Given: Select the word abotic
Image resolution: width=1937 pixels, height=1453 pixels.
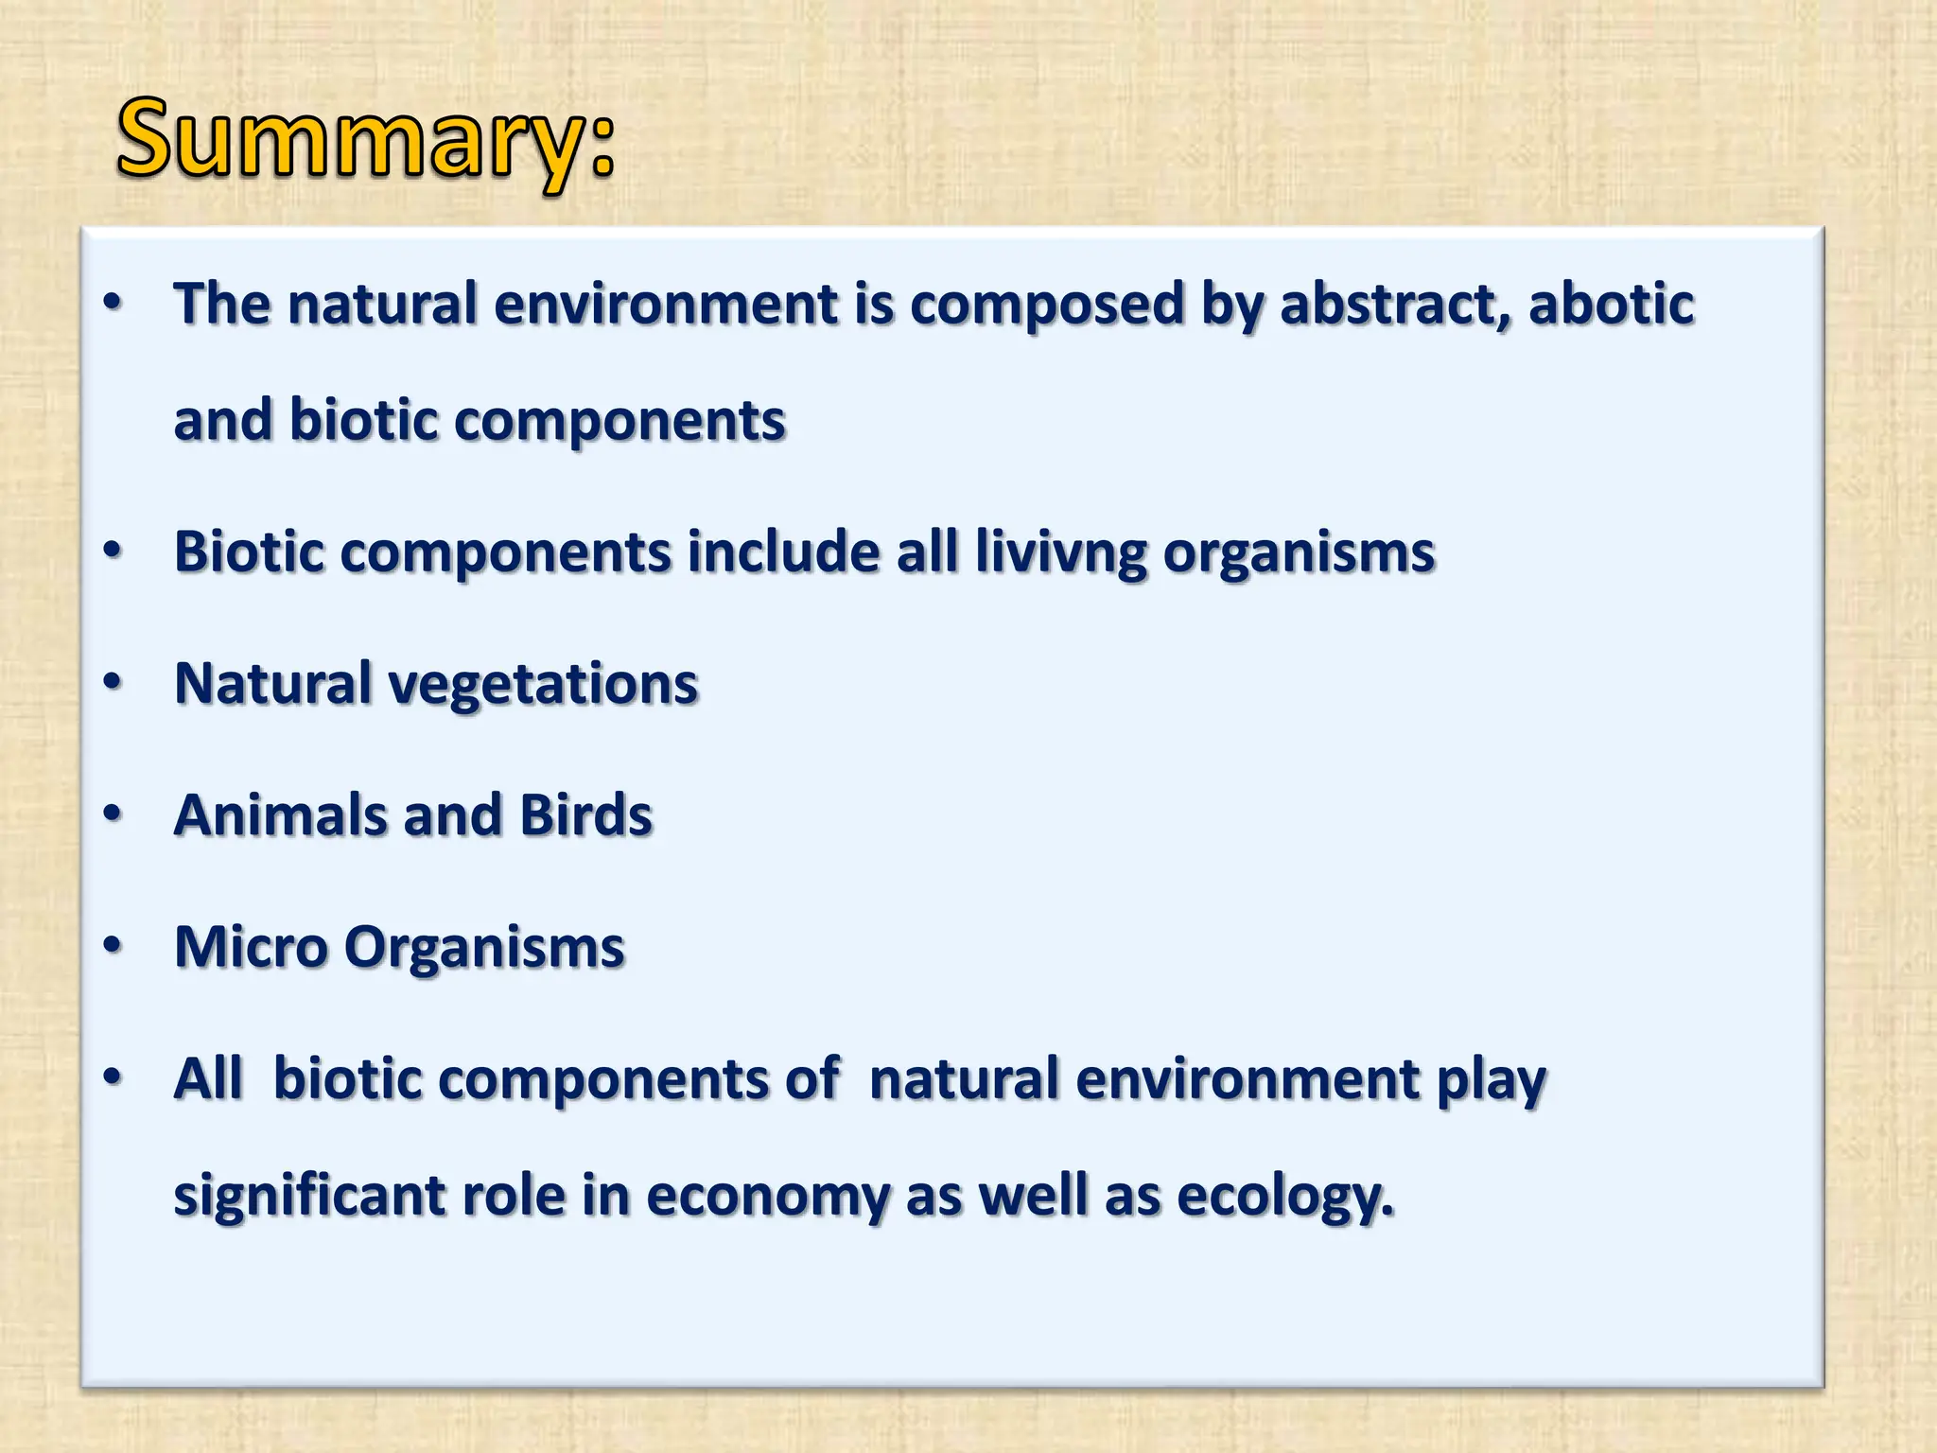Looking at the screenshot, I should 1612,305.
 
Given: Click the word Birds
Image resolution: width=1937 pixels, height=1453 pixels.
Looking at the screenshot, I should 585,815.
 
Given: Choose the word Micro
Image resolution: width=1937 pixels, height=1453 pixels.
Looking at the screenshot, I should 251,947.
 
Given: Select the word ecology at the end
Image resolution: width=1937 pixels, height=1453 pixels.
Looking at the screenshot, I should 1284,1196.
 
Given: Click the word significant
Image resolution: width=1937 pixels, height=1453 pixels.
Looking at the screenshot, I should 309,1196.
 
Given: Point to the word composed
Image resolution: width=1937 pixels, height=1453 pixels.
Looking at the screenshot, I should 1047,305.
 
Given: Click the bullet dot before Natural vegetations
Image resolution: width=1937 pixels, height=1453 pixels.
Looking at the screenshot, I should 113,681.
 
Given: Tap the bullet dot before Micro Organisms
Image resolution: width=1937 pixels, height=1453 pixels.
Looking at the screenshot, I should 113,944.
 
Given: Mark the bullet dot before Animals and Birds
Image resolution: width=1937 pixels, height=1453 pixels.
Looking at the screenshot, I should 113,813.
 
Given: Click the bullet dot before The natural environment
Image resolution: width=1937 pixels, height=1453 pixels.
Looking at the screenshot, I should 113,303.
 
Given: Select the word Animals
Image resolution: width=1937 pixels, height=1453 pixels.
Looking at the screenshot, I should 281,815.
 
